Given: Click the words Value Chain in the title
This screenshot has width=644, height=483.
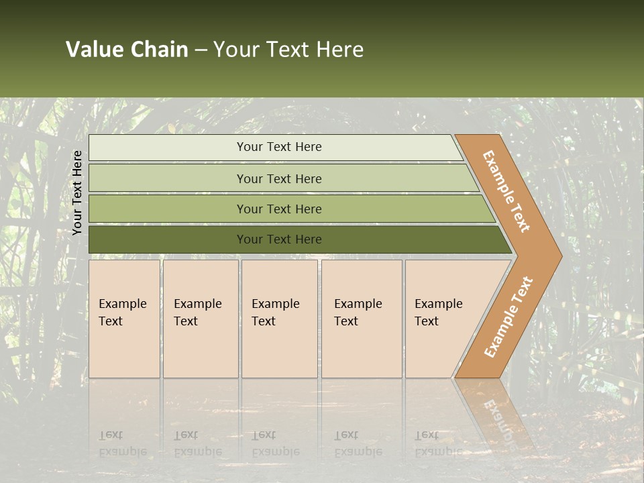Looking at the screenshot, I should [127, 50].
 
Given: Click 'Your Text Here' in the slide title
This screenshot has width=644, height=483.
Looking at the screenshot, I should [288, 50].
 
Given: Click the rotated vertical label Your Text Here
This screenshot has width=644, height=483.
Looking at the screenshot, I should [77, 193].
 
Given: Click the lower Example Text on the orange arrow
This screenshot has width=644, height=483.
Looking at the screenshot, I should [508, 317].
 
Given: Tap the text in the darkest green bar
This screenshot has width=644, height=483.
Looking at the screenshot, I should [279, 239].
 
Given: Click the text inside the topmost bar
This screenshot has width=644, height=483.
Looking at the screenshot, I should [279, 147].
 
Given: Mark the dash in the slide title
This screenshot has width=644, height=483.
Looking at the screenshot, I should [201, 50].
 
